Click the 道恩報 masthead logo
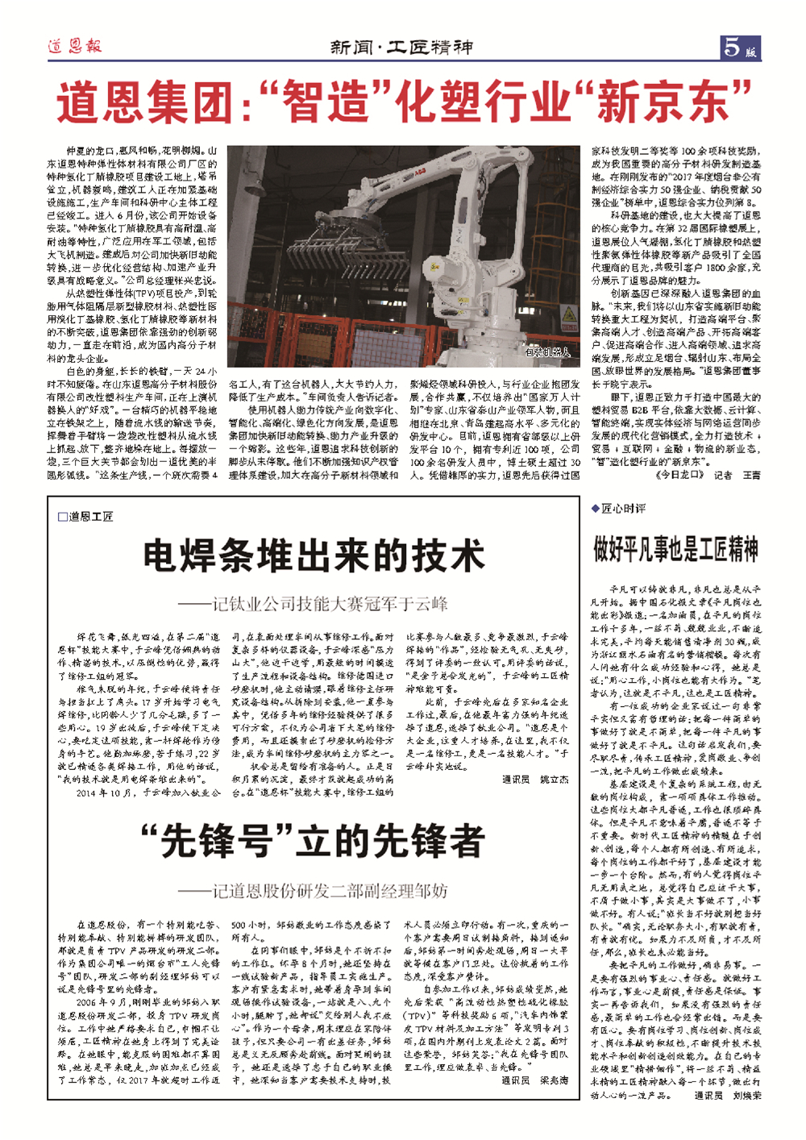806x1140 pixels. [73, 46]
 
